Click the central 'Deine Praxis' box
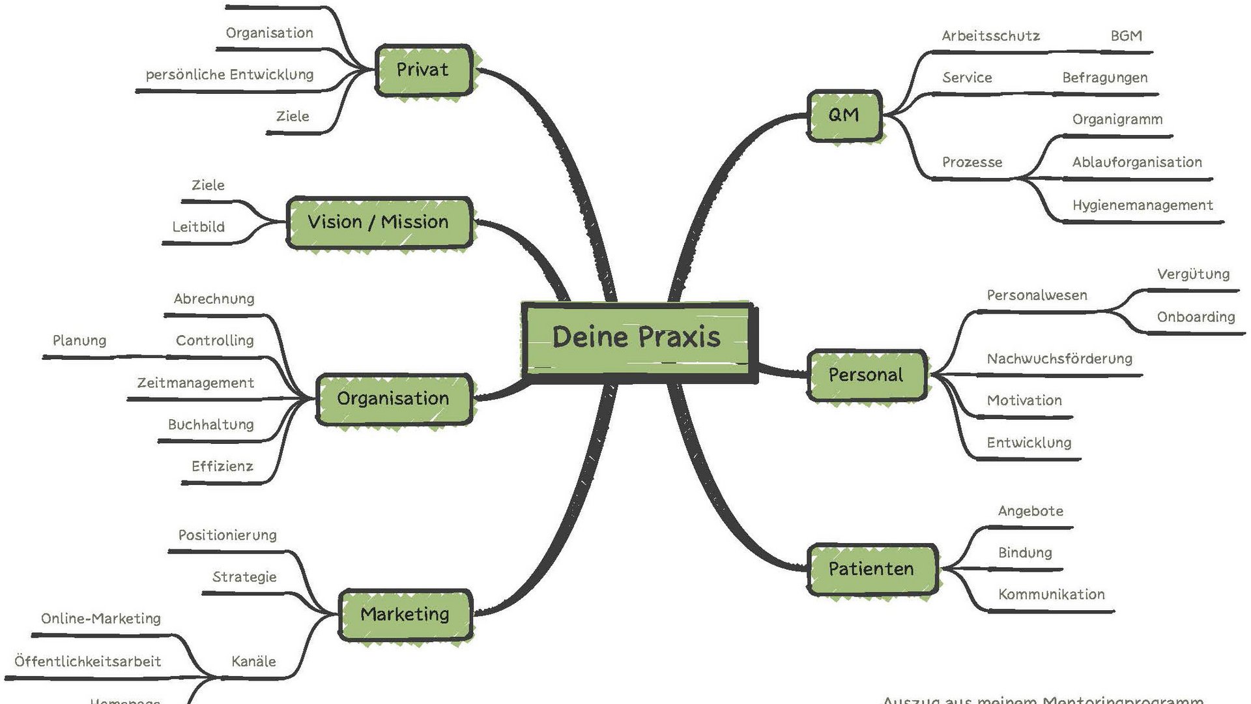637,338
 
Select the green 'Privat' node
423,70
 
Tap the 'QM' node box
844,115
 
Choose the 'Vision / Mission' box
379,222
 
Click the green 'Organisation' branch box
394,399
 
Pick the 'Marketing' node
405,614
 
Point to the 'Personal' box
866,375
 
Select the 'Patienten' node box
872,569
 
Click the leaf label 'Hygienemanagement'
1142,205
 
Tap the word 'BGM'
1126,36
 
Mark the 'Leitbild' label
199,227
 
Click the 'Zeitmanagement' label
195,383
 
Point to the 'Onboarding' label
1196,317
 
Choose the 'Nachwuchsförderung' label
1059,359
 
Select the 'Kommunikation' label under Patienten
1052,594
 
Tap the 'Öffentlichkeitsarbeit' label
88,662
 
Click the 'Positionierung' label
227,535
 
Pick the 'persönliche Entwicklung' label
229,75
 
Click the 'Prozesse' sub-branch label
972,162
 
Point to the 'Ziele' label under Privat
293,116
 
